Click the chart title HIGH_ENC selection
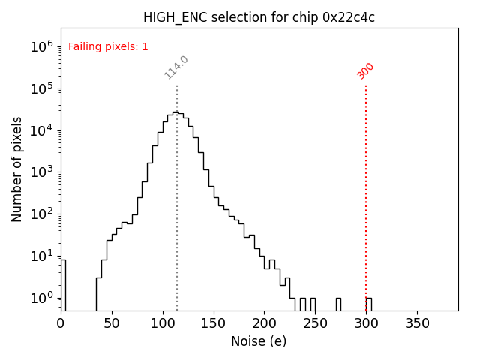click(x=259, y=17)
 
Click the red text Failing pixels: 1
click(x=108, y=46)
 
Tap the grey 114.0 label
click(x=176, y=67)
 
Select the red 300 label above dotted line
click(x=366, y=70)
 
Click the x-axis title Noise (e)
click(x=259, y=341)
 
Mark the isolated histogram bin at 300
click(x=368, y=304)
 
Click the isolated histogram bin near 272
click(x=338, y=304)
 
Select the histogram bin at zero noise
click(x=63, y=285)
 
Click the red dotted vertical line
click(x=366, y=187)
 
